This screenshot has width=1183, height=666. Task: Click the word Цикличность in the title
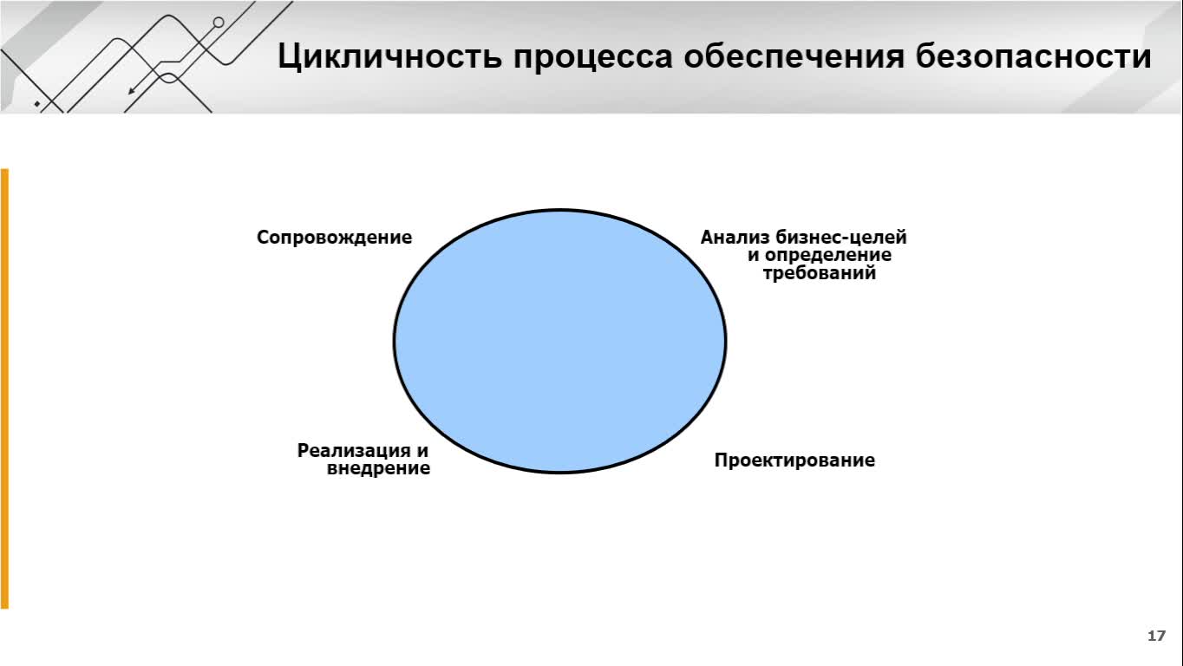click(x=389, y=56)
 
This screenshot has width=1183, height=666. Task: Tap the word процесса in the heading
click(x=592, y=57)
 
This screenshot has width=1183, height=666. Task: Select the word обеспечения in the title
click(x=794, y=56)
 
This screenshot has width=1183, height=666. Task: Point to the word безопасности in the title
click(x=1033, y=55)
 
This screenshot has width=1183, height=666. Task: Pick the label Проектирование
click(x=794, y=460)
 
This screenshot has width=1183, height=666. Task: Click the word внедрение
click(x=378, y=468)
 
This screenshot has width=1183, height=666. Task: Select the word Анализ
click(x=735, y=237)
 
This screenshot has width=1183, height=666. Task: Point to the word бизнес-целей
click(x=841, y=237)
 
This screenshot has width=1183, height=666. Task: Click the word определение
click(x=828, y=256)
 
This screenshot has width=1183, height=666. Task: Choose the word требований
click(x=819, y=273)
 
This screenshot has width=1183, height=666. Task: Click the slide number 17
click(x=1156, y=636)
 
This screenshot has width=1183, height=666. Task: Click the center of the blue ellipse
click(x=559, y=341)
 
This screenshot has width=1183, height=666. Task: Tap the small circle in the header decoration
click(x=219, y=23)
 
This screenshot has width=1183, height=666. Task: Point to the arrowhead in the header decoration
click(x=132, y=91)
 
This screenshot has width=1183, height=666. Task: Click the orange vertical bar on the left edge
click(x=4, y=388)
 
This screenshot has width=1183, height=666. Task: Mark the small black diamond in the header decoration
click(x=37, y=103)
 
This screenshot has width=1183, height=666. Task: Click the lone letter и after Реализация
click(x=422, y=452)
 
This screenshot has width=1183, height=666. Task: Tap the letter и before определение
click(x=754, y=256)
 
